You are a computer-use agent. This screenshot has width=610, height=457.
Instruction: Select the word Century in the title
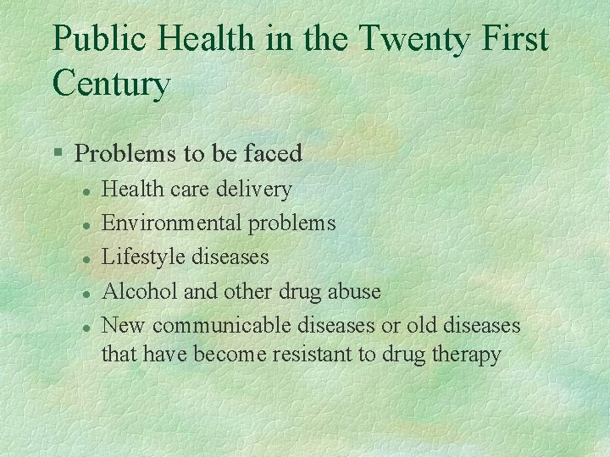click(111, 84)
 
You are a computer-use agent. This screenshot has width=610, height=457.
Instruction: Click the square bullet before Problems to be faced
click(57, 154)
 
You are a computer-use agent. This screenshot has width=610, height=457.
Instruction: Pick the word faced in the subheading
click(274, 153)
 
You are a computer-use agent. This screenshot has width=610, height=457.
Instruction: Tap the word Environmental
click(171, 223)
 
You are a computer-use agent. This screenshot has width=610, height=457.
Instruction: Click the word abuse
click(352, 291)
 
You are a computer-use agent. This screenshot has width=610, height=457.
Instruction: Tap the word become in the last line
click(230, 354)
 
